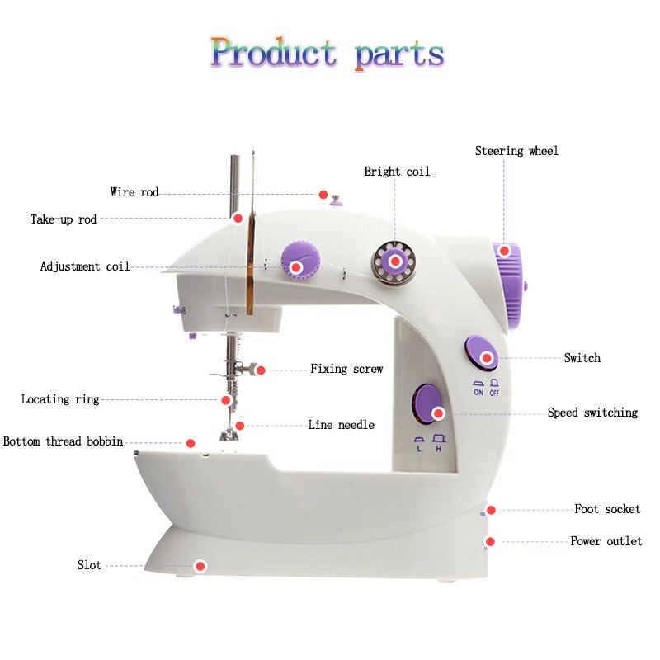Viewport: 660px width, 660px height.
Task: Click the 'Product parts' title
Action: [328, 53]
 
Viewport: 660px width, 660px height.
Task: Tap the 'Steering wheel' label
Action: [516, 151]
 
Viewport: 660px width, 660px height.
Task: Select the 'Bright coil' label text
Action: [397, 172]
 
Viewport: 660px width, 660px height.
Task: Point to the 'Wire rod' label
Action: [134, 192]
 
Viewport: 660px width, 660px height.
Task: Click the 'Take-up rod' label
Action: [64, 219]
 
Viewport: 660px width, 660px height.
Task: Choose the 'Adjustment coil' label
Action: [85, 266]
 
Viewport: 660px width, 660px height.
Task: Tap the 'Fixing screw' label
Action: [346, 369]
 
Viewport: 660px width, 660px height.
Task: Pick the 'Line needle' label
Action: [341, 425]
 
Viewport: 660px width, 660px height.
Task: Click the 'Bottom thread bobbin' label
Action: [63, 441]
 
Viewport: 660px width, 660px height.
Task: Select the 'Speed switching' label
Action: [592, 412]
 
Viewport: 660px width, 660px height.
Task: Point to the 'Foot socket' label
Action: [607, 509]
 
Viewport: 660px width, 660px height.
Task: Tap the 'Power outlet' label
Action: [606, 541]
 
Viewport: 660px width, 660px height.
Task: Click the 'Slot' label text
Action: [89, 565]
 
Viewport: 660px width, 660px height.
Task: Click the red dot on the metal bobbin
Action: [395, 262]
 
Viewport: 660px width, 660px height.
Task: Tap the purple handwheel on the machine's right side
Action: [510, 285]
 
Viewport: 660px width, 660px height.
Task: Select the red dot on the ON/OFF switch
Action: [487, 358]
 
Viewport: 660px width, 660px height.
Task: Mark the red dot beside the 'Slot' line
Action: [199, 566]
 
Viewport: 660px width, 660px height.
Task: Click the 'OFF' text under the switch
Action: [494, 393]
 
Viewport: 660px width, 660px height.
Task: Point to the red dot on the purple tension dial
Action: [295, 266]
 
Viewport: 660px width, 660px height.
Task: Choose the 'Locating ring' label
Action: [60, 399]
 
